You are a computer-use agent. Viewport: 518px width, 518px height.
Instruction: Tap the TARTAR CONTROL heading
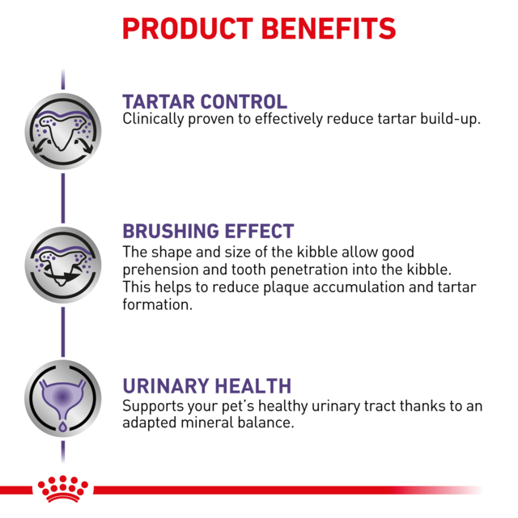[204, 102]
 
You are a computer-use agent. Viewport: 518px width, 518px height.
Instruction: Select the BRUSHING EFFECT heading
[207, 231]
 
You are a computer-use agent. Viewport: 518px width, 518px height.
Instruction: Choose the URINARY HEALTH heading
[206, 386]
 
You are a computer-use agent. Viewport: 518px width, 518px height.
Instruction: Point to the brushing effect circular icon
[63, 260]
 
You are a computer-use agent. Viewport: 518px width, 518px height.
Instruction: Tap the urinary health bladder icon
[63, 397]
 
